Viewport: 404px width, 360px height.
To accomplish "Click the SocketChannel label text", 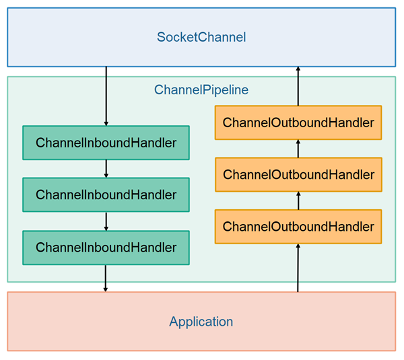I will tap(201, 37).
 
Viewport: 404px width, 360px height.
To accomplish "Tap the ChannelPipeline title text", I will tap(201, 89).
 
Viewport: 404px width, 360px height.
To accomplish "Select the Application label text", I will tap(201, 322).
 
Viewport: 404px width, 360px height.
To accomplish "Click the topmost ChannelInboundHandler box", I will tap(106, 143).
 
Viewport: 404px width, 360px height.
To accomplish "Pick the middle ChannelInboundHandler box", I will tap(106, 195).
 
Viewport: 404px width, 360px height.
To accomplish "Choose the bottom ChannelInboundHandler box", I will tap(106, 248).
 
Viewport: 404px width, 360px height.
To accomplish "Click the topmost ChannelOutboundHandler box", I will tap(298, 122).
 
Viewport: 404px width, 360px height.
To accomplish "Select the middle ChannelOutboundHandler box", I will tap(298, 175).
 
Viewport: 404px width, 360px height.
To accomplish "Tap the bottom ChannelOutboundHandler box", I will tap(298, 227).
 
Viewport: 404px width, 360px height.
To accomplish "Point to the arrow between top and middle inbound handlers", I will tap(106, 169).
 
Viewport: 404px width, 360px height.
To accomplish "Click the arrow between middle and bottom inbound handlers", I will tap(106, 221).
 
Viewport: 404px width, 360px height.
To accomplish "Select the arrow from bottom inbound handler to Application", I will tap(106, 278).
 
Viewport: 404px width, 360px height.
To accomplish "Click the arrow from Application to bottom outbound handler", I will tap(298, 268).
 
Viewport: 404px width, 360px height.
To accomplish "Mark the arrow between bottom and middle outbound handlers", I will tap(298, 201).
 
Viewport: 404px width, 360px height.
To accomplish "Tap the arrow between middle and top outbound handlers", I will tap(298, 149).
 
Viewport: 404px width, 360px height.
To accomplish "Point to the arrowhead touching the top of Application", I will tap(106, 289).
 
